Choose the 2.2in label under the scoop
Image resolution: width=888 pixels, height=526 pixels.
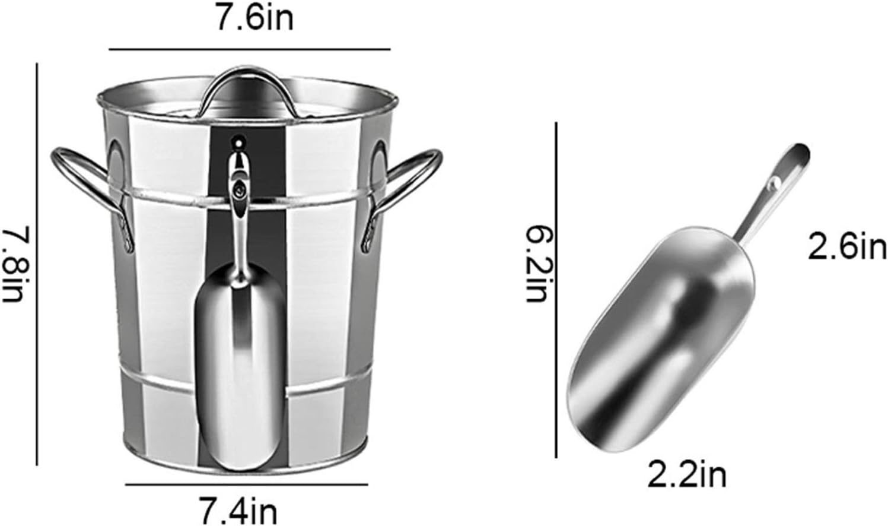pyautogui.click(x=687, y=475)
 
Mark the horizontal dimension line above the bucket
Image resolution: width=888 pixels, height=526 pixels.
pyautogui.click(x=249, y=49)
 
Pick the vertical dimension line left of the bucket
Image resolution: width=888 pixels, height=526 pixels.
pyautogui.click(x=37, y=264)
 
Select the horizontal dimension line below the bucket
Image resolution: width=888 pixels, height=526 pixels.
pyautogui.click(x=246, y=484)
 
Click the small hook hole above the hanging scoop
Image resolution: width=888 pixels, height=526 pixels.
pyautogui.click(x=238, y=142)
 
